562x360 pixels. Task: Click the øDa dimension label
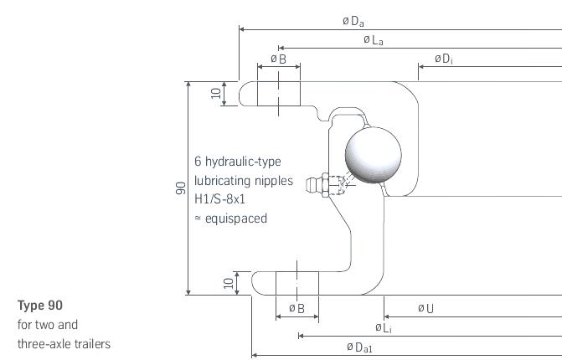coord(353,21)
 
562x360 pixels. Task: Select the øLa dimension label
coord(373,39)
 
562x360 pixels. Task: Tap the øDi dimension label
coord(444,59)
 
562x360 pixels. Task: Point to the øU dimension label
coord(425,308)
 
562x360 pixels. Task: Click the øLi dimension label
coord(384,327)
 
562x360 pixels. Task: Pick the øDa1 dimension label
coord(359,347)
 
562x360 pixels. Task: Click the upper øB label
coord(279,59)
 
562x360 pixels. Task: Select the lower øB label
coord(296,308)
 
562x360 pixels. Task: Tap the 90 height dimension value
coord(181,188)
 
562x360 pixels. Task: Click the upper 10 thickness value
coord(216,94)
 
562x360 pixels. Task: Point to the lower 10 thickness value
coord(229,283)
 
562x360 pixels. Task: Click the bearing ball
coord(373,155)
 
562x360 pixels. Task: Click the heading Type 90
coord(40,306)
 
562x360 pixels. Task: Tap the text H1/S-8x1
coord(219,198)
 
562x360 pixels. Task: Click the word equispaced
coord(236,219)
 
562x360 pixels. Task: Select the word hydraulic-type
coord(243,162)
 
